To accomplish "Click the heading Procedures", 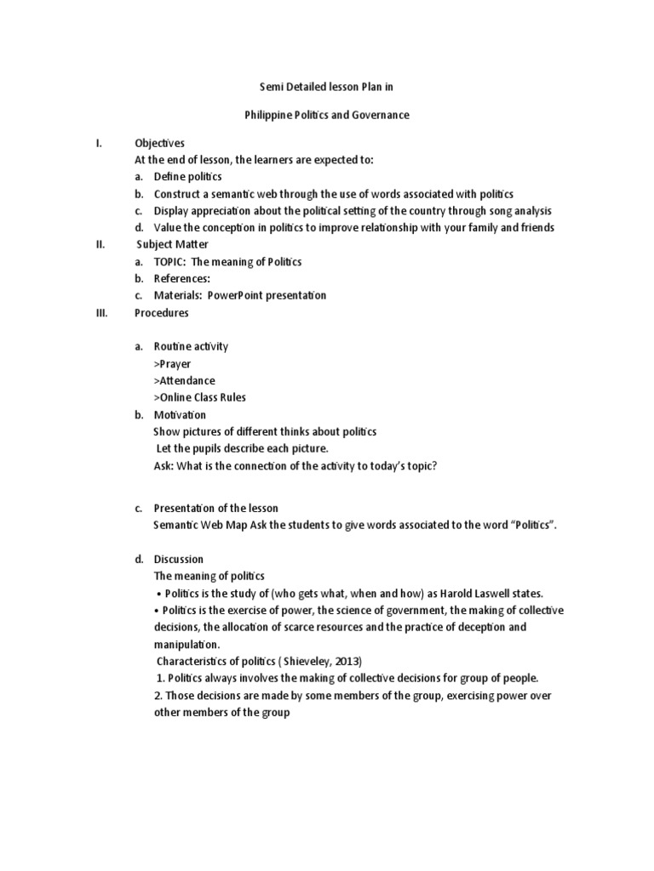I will (162, 313).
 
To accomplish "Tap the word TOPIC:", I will (169, 262).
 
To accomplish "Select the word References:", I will (181, 279).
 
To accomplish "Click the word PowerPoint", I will (231, 296).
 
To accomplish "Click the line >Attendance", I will (184, 381).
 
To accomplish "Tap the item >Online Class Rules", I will (199, 398).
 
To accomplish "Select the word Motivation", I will (180, 415).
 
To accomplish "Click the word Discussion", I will (178, 560).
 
